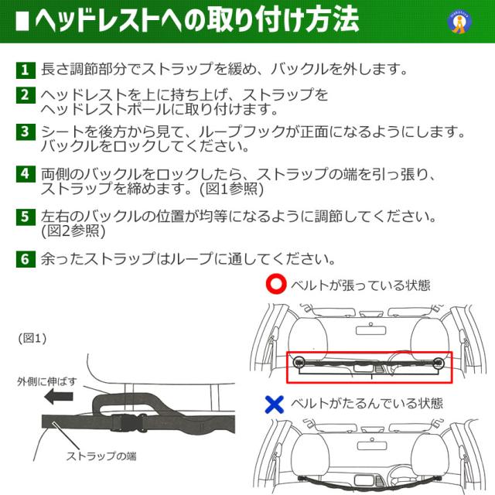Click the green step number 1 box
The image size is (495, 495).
tap(26, 70)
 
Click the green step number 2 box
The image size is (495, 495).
tap(26, 95)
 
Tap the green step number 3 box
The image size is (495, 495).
tap(26, 131)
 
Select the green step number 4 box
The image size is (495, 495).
tap(26, 173)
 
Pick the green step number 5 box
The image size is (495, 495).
tap(26, 216)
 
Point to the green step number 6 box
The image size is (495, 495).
tap(26, 258)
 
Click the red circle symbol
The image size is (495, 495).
tap(275, 285)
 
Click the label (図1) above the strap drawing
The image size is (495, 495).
tap(32, 338)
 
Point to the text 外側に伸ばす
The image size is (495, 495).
tap(48, 381)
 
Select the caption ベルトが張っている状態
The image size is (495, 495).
tap(360, 285)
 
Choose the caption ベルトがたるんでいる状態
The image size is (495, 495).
tap(367, 403)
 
